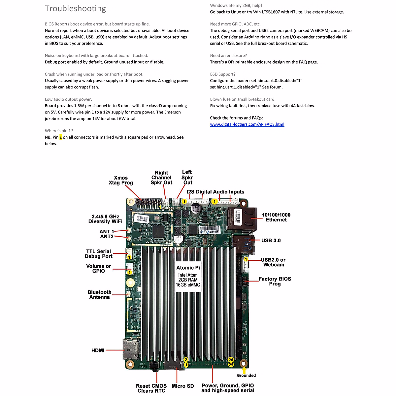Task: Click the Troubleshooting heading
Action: click(x=75, y=9)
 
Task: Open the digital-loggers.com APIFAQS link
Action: click(x=247, y=124)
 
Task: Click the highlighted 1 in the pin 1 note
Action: click(x=61, y=137)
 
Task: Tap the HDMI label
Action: click(x=98, y=350)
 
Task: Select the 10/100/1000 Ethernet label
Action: click(x=276, y=217)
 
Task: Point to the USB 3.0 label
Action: click(x=271, y=241)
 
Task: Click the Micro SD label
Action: click(x=182, y=386)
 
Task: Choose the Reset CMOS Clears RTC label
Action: click(x=151, y=388)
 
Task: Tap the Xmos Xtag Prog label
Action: click(x=121, y=180)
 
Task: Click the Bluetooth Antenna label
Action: click(x=99, y=295)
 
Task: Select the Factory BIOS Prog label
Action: click(x=275, y=281)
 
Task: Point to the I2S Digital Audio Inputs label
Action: click(x=215, y=192)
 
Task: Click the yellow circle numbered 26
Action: click(x=231, y=360)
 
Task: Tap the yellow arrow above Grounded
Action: click(x=244, y=370)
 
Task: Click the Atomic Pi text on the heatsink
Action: click(x=188, y=268)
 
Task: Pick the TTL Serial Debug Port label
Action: click(x=98, y=254)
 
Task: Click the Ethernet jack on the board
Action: click(x=243, y=218)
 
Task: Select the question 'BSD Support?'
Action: click(x=223, y=74)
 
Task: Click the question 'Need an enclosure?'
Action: click(x=228, y=56)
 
